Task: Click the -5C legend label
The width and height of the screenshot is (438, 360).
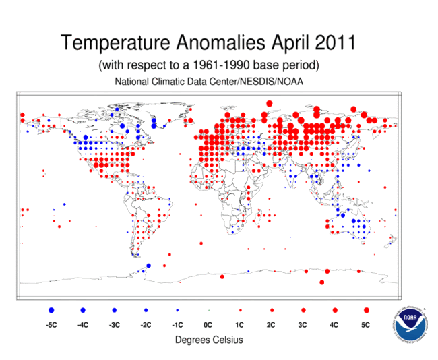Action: [51, 325]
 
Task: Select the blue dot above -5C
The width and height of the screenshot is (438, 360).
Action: [51, 310]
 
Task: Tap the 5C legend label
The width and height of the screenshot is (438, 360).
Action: [367, 325]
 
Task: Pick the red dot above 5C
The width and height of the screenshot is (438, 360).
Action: [367, 310]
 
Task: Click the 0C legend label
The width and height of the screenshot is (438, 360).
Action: [208, 325]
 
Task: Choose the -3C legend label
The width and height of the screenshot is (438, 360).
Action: [114, 325]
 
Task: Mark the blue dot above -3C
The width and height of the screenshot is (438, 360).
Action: [114, 310]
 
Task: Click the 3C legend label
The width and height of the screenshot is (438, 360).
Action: [303, 325]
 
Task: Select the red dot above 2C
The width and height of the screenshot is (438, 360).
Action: [272, 310]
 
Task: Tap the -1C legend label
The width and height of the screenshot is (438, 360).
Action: [177, 325]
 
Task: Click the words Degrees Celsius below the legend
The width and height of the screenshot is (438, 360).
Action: [209, 340]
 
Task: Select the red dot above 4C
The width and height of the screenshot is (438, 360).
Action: [335, 310]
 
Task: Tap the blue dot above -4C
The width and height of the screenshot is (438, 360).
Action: [83, 310]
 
